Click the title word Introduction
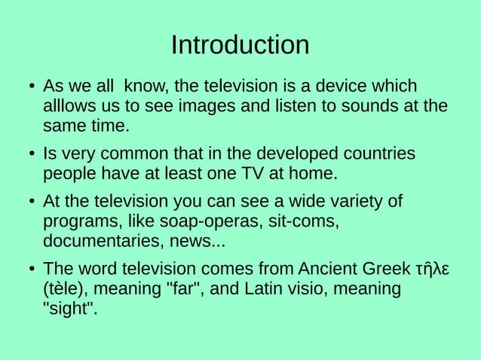point(240,45)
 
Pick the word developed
point(295,154)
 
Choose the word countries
point(377,154)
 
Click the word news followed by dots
point(204,243)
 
